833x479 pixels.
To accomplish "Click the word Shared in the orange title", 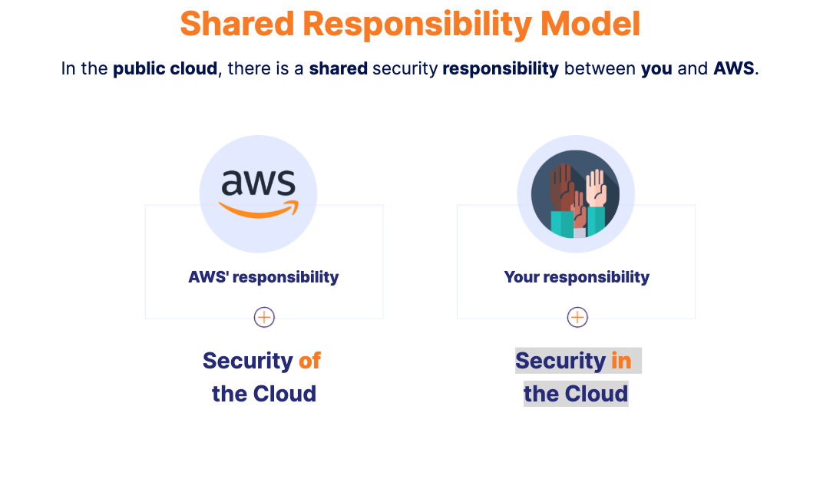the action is coord(237,24).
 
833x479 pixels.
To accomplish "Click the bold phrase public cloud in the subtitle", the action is coord(165,68).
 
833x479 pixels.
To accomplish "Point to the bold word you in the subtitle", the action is coord(656,68).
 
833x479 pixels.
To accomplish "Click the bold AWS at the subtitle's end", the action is coord(734,68).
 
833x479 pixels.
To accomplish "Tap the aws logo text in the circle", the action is coord(258,183).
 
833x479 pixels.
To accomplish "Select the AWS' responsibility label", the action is coord(263,277).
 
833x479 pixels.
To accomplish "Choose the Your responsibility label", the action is coord(577,277).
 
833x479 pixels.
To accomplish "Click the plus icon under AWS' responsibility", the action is coord(264,317).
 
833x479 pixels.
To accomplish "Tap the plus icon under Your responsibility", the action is coord(577,317).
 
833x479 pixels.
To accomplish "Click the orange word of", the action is coord(309,360).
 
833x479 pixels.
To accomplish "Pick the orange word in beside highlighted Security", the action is coord(621,360).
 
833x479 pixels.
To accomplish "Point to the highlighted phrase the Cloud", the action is coord(576,394).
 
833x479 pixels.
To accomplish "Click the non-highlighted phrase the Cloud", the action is coord(264,394).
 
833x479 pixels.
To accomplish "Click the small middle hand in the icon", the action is coord(579,211).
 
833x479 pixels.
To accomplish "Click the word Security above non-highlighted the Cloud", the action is coord(247,360).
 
